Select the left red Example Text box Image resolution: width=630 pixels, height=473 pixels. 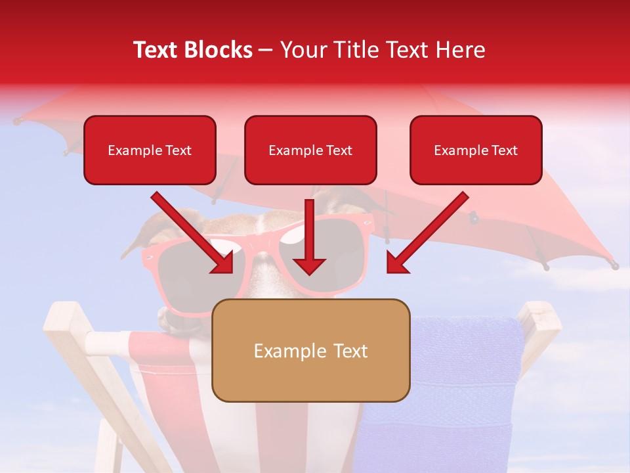pos(150,150)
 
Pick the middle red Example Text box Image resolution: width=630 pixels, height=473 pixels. pos(310,150)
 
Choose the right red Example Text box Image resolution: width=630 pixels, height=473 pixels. pos(476,150)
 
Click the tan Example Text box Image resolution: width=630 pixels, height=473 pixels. pos(310,351)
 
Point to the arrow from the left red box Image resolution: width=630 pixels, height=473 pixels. pos(192,232)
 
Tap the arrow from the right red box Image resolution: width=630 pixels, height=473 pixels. pos(428,232)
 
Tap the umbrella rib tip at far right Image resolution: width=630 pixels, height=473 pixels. pos(614,265)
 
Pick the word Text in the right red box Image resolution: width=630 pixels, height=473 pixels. pos(504,150)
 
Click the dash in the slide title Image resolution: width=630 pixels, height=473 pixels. pos(266,51)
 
